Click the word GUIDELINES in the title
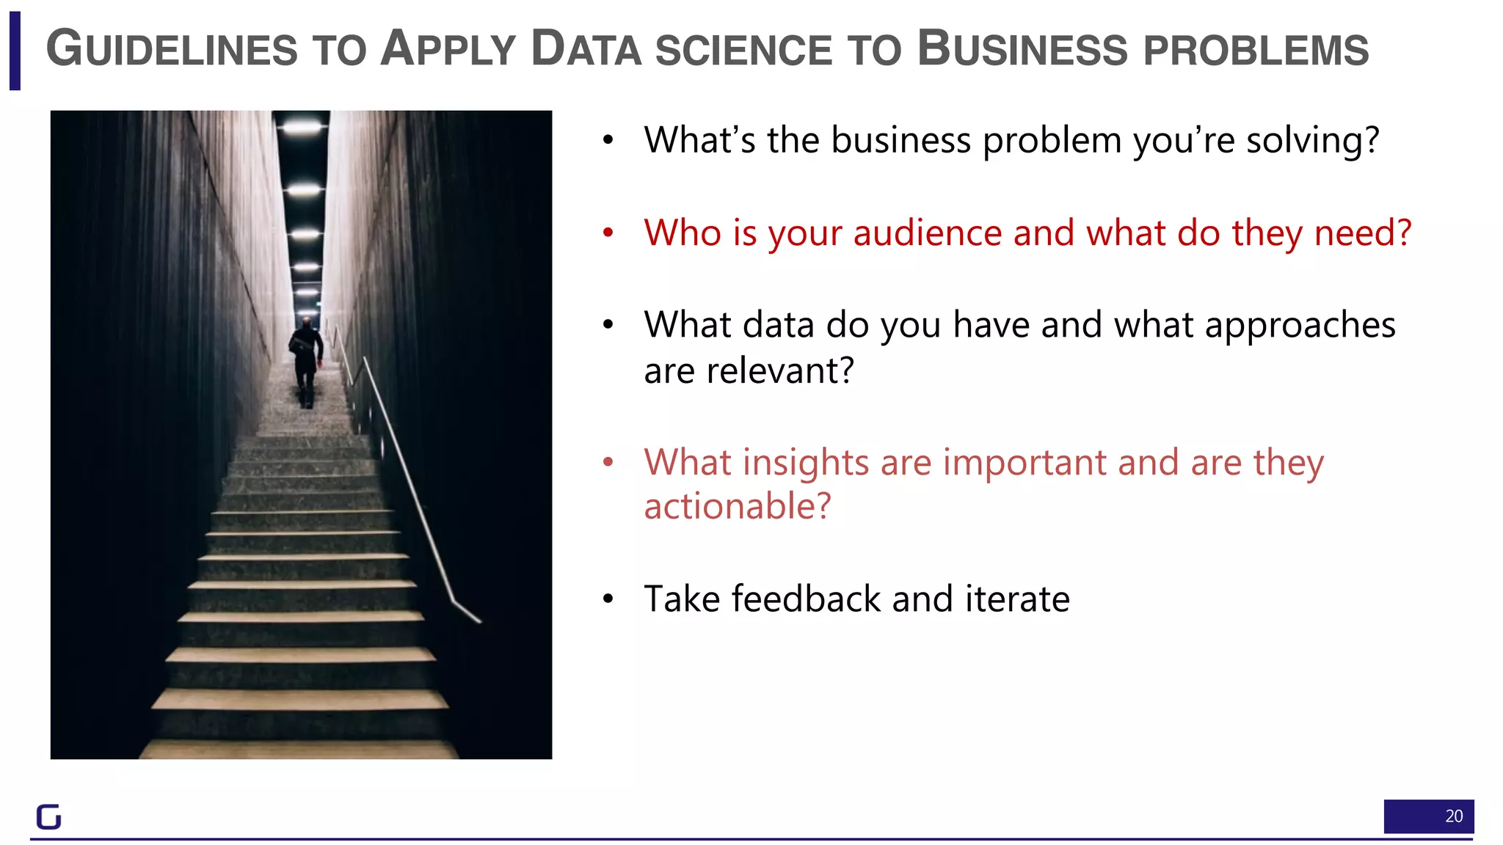172,49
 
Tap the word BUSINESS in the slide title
1022,49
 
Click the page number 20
1453,816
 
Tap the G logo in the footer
49,816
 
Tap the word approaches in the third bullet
1300,325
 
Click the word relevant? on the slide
779,370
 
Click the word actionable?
738,506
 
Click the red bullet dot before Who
608,233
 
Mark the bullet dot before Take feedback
608,599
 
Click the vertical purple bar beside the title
15,51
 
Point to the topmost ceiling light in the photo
302,128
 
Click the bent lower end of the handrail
467,612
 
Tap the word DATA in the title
586,49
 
